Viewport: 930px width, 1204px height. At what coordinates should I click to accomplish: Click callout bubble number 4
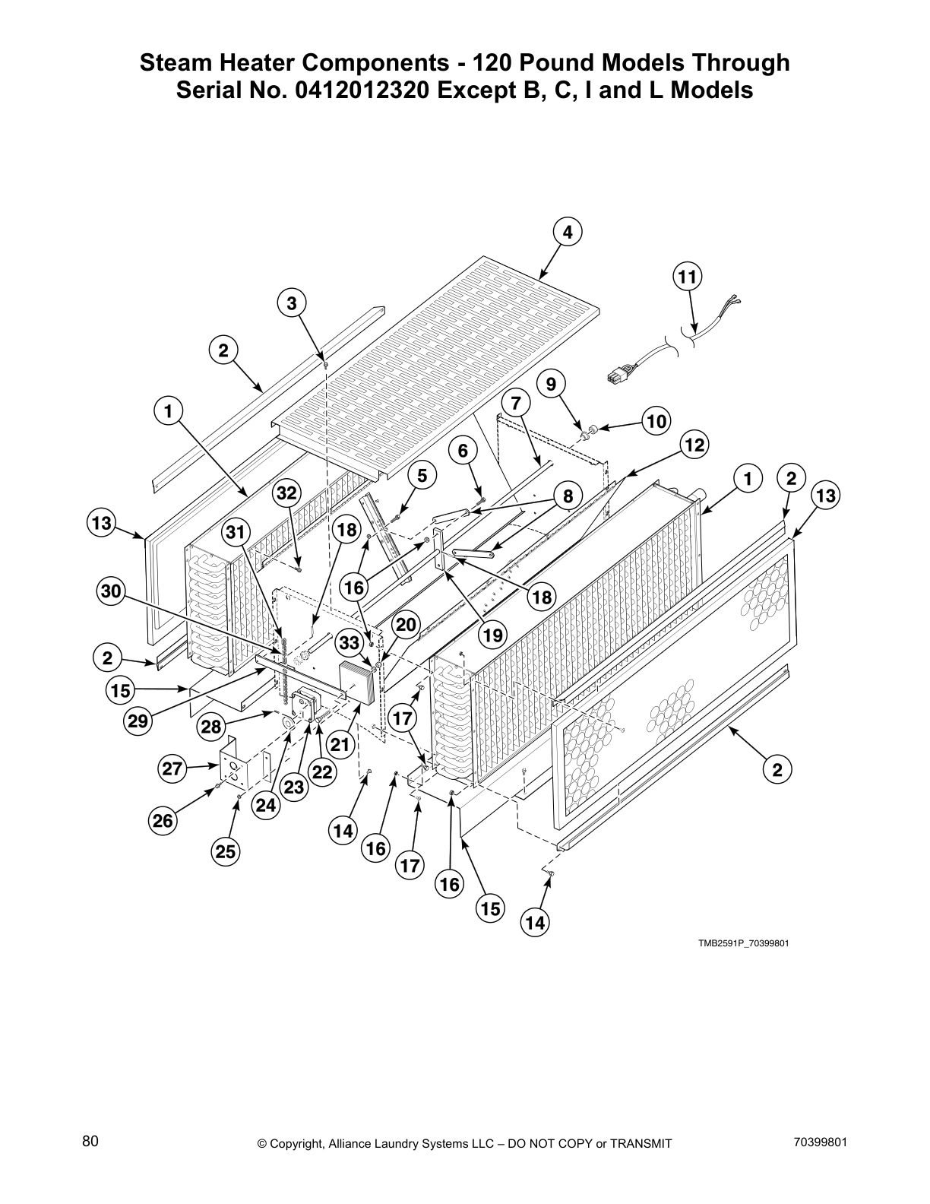point(568,233)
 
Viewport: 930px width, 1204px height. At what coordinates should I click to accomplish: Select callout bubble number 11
point(687,277)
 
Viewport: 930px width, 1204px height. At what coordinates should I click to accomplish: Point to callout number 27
point(173,768)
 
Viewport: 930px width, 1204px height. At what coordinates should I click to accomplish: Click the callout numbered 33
point(349,643)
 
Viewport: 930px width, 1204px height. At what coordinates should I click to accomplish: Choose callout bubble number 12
point(693,445)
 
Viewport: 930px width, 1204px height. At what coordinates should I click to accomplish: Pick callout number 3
point(291,304)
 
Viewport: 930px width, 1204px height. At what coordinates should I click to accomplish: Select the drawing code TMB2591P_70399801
point(744,943)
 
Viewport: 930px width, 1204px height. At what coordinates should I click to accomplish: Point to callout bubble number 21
point(340,745)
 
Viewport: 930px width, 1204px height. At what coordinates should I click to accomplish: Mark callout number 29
point(138,721)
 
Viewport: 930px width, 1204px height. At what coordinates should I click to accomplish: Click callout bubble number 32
point(286,493)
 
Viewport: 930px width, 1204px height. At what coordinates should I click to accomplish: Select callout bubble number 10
point(656,421)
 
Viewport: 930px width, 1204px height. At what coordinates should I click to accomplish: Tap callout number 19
point(493,635)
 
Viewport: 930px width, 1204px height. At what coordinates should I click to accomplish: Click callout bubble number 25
point(226,852)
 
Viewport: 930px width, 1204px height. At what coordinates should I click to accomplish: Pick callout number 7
point(516,403)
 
